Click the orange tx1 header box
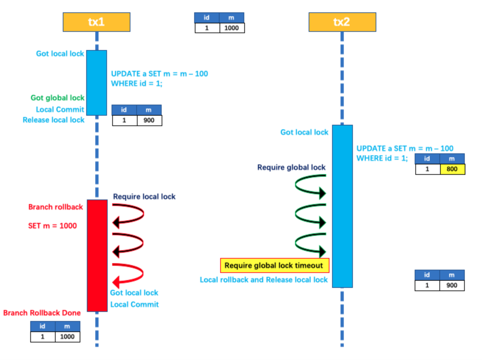96,22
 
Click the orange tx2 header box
342,22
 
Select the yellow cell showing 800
452,169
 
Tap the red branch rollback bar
97,255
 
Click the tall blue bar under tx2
342,206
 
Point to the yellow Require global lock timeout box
274,265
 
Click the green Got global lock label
58,98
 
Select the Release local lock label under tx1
54,120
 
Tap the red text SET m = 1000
52,226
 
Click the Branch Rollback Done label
42,313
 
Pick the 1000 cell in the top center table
232,28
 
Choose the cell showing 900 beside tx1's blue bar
149,120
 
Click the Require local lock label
144,197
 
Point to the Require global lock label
291,167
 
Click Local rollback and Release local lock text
264,280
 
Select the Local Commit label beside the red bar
134,304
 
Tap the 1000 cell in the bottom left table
67,337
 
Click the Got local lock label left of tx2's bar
304,132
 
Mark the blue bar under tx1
97,83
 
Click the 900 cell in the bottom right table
452,285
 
